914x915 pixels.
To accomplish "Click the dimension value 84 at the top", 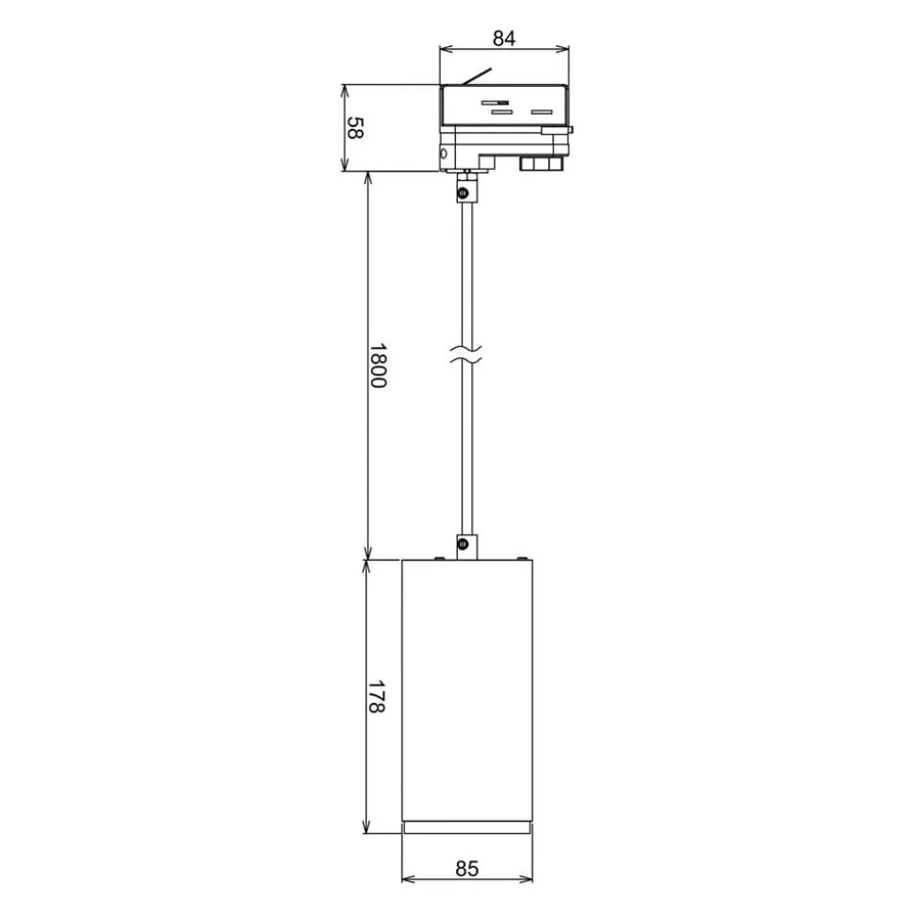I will (x=504, y=39).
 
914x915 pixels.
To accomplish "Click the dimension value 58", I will (x=354, y=128).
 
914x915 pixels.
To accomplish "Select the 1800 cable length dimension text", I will (x=377, y=367).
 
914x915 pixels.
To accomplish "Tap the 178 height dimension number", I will (x=377, y=696).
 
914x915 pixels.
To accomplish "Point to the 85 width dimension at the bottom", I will (x=466, y=868).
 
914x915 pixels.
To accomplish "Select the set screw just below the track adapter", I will (x=463, y=193).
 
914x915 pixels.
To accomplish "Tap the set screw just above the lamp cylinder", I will (x=463, y=544).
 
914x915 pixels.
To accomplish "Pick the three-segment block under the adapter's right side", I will (x=541, y=164).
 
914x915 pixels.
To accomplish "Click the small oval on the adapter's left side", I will (x=444, y=155).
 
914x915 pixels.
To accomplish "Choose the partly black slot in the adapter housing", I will (x=495, y=102).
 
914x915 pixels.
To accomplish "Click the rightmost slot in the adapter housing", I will (x=541, y=112).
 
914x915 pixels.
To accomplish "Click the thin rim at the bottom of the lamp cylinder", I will (x=466, y=828).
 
